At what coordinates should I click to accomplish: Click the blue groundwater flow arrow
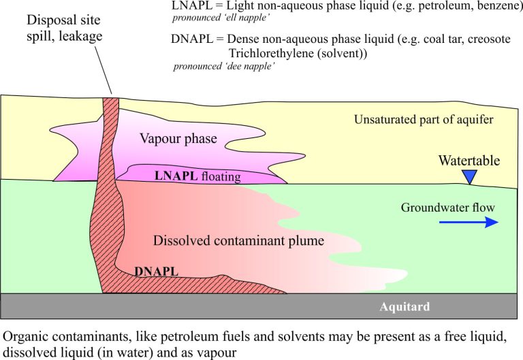pyautogui.click(x=469, y=222)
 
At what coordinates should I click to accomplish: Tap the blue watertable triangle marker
pyautogui.click(x=470, y=177)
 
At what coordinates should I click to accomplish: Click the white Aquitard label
pyautogui.click(x=405, y=306)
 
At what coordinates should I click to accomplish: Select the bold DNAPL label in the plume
pyautogui.click(x=156, y=272)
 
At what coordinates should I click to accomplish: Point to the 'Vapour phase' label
pyautogui.click(x=178, y=138)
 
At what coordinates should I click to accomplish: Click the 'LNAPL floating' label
pyautogui.click(x=197, y=176)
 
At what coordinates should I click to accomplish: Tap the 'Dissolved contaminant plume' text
pyautogui.click(x=238, y=240)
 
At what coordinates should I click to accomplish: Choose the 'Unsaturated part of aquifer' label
pyautogui.click(x=424, y=119)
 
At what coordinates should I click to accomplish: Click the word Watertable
pyautogui.click(x=469, y=161)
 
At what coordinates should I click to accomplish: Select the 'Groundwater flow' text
pyautogui.click(x=447, y=208)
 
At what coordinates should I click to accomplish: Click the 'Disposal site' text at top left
pyautogui.click(x=63, y=20)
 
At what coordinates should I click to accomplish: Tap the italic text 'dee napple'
pyautogui.click(x=250, y=65)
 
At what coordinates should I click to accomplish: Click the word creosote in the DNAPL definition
pyautogui.click(x=489, y=39)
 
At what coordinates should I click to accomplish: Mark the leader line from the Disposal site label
pyautogui.click(x=104, y=70)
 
